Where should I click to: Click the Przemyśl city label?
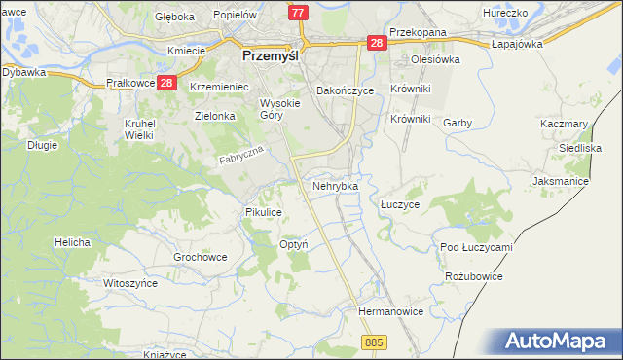[270, 56]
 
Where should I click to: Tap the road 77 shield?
[299, 13]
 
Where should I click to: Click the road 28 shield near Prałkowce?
[165, 84]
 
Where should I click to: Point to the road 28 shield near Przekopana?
[377, 43]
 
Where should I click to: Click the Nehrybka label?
[335, 185]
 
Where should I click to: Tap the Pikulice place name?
[264, 211]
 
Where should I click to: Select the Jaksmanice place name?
[562, 181]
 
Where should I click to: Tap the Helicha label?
[73, 241]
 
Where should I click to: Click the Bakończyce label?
[345, 90]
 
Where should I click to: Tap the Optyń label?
[294, 244]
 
